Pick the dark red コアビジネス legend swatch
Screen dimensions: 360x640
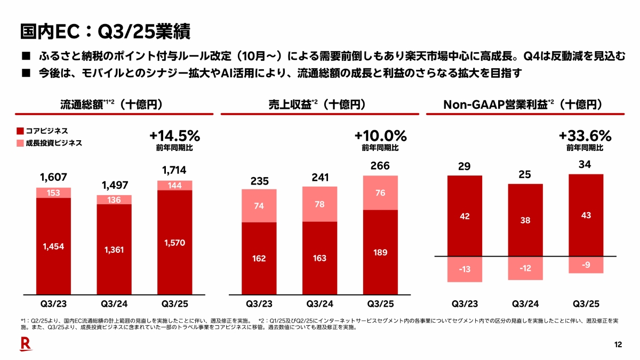[x=20, y=130]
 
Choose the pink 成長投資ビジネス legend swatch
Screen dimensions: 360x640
[x=20, y=143]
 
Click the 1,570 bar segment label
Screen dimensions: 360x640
[x=175, y=242]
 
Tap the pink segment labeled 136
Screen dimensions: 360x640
[x=114, y=200]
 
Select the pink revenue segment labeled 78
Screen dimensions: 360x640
[x=319, y=204]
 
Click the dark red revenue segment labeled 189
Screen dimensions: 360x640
[x=380, y=252]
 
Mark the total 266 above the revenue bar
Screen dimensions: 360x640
[x=380, y=166]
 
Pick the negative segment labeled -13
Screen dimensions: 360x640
[x=465, y=269]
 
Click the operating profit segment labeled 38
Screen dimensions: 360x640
[x=525, y=220]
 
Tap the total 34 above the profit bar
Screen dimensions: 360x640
[x=585, y=165]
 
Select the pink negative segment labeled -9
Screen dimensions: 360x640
[x=586, y=265]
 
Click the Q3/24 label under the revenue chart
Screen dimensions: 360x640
[x=319, y=304]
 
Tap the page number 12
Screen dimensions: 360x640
[x=618, y=345]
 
